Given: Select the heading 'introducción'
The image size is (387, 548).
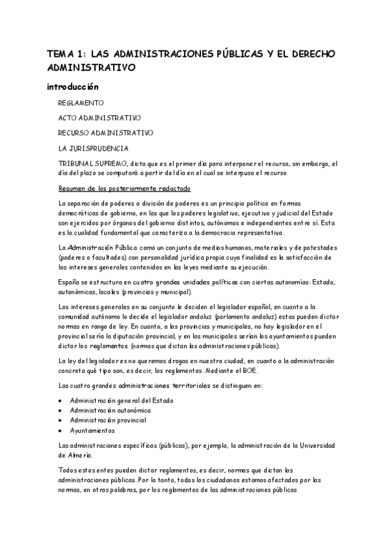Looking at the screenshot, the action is pyautogui.click(x=72, y=87).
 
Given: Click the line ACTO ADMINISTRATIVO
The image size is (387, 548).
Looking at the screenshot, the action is pyautogui.click(x=99, y=118).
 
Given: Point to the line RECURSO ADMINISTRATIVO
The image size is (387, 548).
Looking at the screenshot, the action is pyautogui.click(x=105, y=133).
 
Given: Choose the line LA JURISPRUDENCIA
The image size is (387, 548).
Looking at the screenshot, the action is pyautogui.click(x=93, y=149).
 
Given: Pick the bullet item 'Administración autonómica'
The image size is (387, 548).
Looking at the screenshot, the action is pyautogui.click(x=110, y=410).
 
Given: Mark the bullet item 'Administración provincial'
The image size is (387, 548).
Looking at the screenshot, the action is pyautogui.click(x=107, y=420).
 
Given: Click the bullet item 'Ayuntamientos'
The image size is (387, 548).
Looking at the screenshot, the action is pyautogui.click(x=92, y=430).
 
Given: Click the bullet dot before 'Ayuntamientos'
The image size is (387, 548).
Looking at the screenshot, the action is pyautogui.click(x=60, y=430).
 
